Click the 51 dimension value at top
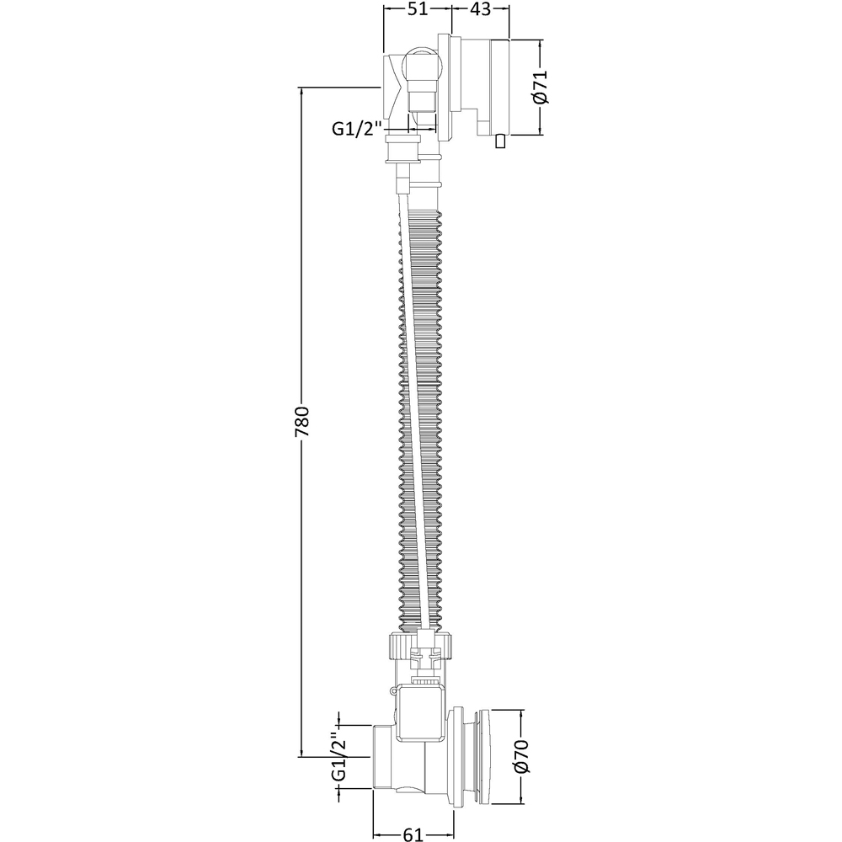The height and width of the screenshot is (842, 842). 418,9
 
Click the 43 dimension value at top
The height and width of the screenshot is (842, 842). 480,9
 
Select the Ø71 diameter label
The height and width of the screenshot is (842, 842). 541,87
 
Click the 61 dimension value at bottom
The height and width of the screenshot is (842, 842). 413,834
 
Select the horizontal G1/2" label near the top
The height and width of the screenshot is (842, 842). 356,129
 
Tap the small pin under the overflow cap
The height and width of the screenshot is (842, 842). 500,141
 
